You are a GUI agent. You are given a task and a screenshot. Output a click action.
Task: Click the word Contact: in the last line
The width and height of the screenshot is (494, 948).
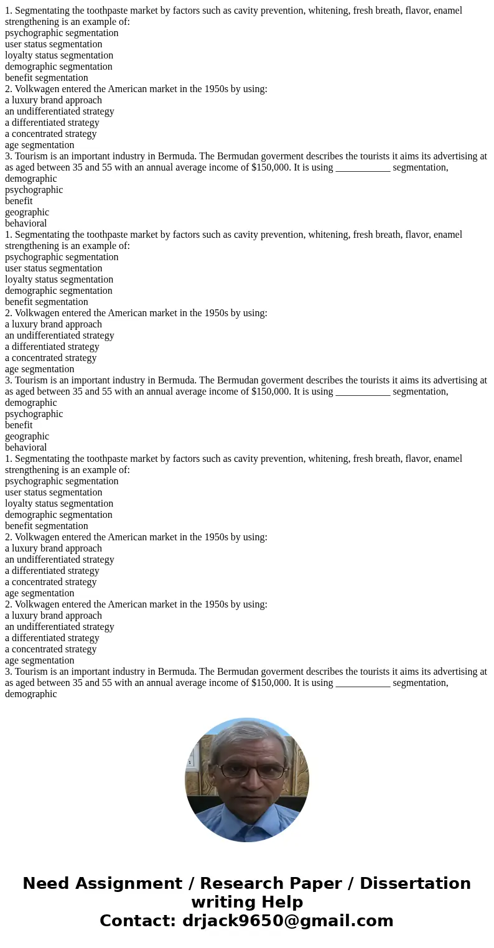pyautogui.click(x=137, y=921)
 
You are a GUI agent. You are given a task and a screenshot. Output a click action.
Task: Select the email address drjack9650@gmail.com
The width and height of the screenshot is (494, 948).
pyautogui.click(x=287, y=921)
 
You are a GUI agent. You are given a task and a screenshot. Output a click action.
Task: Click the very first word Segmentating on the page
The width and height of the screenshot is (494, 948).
pyautogui.click(x=42, y=11)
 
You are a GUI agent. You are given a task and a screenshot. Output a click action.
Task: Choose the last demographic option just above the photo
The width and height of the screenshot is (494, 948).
pyautogui.click(x=31, y=694)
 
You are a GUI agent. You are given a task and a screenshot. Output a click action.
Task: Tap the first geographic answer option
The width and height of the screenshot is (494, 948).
pyautogui.click(x=27, y=212)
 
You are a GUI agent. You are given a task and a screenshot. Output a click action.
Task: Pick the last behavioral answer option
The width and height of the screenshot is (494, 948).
pyautogui.click(x=26, y=448)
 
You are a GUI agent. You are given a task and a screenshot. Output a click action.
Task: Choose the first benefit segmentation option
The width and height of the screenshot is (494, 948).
pyautogui.click(x=47, y=78)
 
